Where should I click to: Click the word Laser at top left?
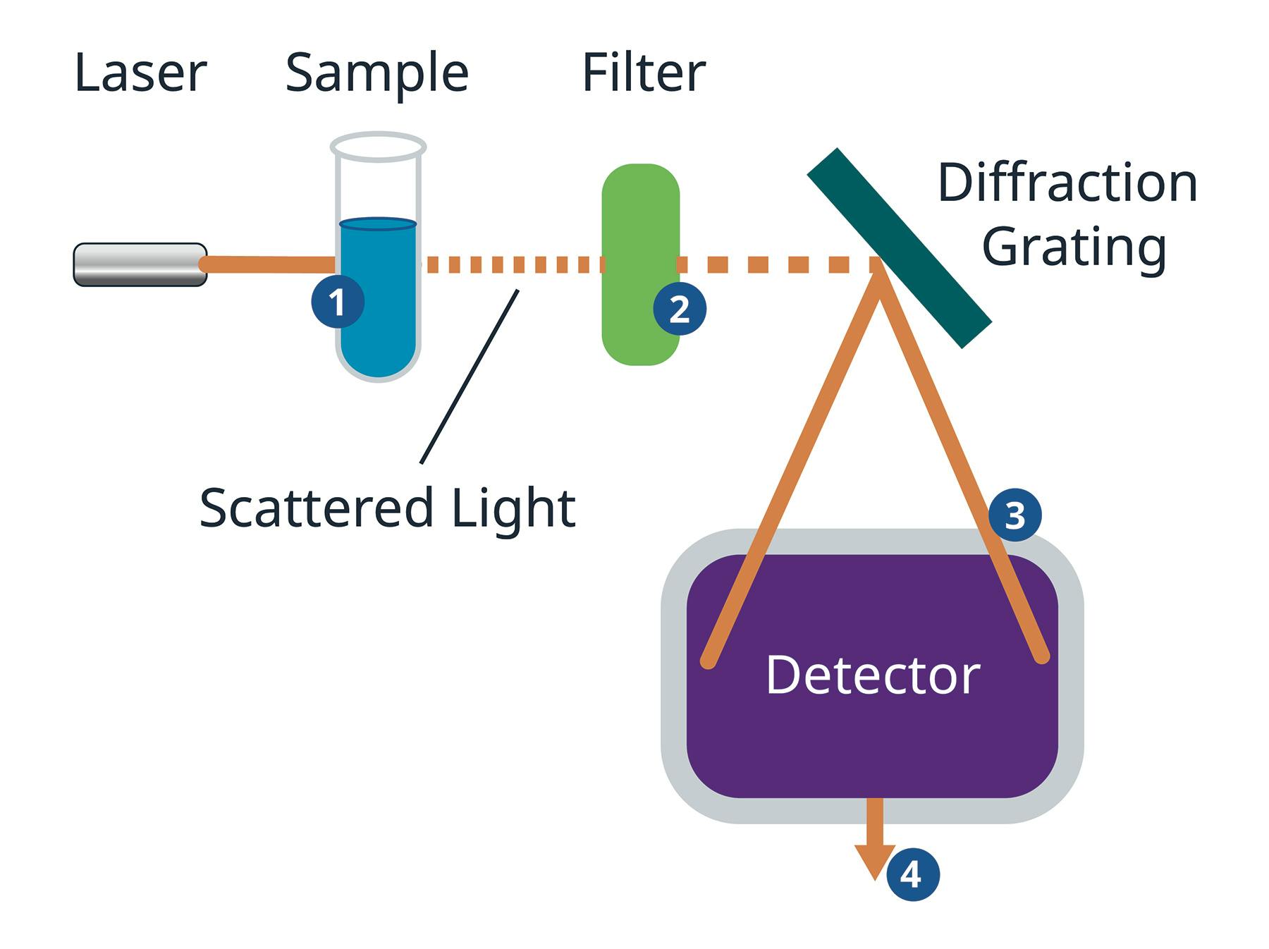coord(140,73)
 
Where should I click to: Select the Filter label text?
coord(643,73)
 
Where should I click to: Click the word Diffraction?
coord(1067,183)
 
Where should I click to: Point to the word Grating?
coord(1074,248)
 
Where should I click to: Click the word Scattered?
coord(315,508)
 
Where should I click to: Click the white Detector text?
coord(872,675)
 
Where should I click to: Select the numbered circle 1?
coord(338,302)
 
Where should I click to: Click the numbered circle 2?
coord(680,309)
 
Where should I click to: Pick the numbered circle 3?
coord(1014,515)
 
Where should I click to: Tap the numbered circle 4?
coord(912,875)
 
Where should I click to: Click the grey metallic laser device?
coord(140,264)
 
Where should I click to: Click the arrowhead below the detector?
coord(875,860)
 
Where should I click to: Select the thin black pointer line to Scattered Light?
coord(469,377)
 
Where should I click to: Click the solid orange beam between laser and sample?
coord(268,264)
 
